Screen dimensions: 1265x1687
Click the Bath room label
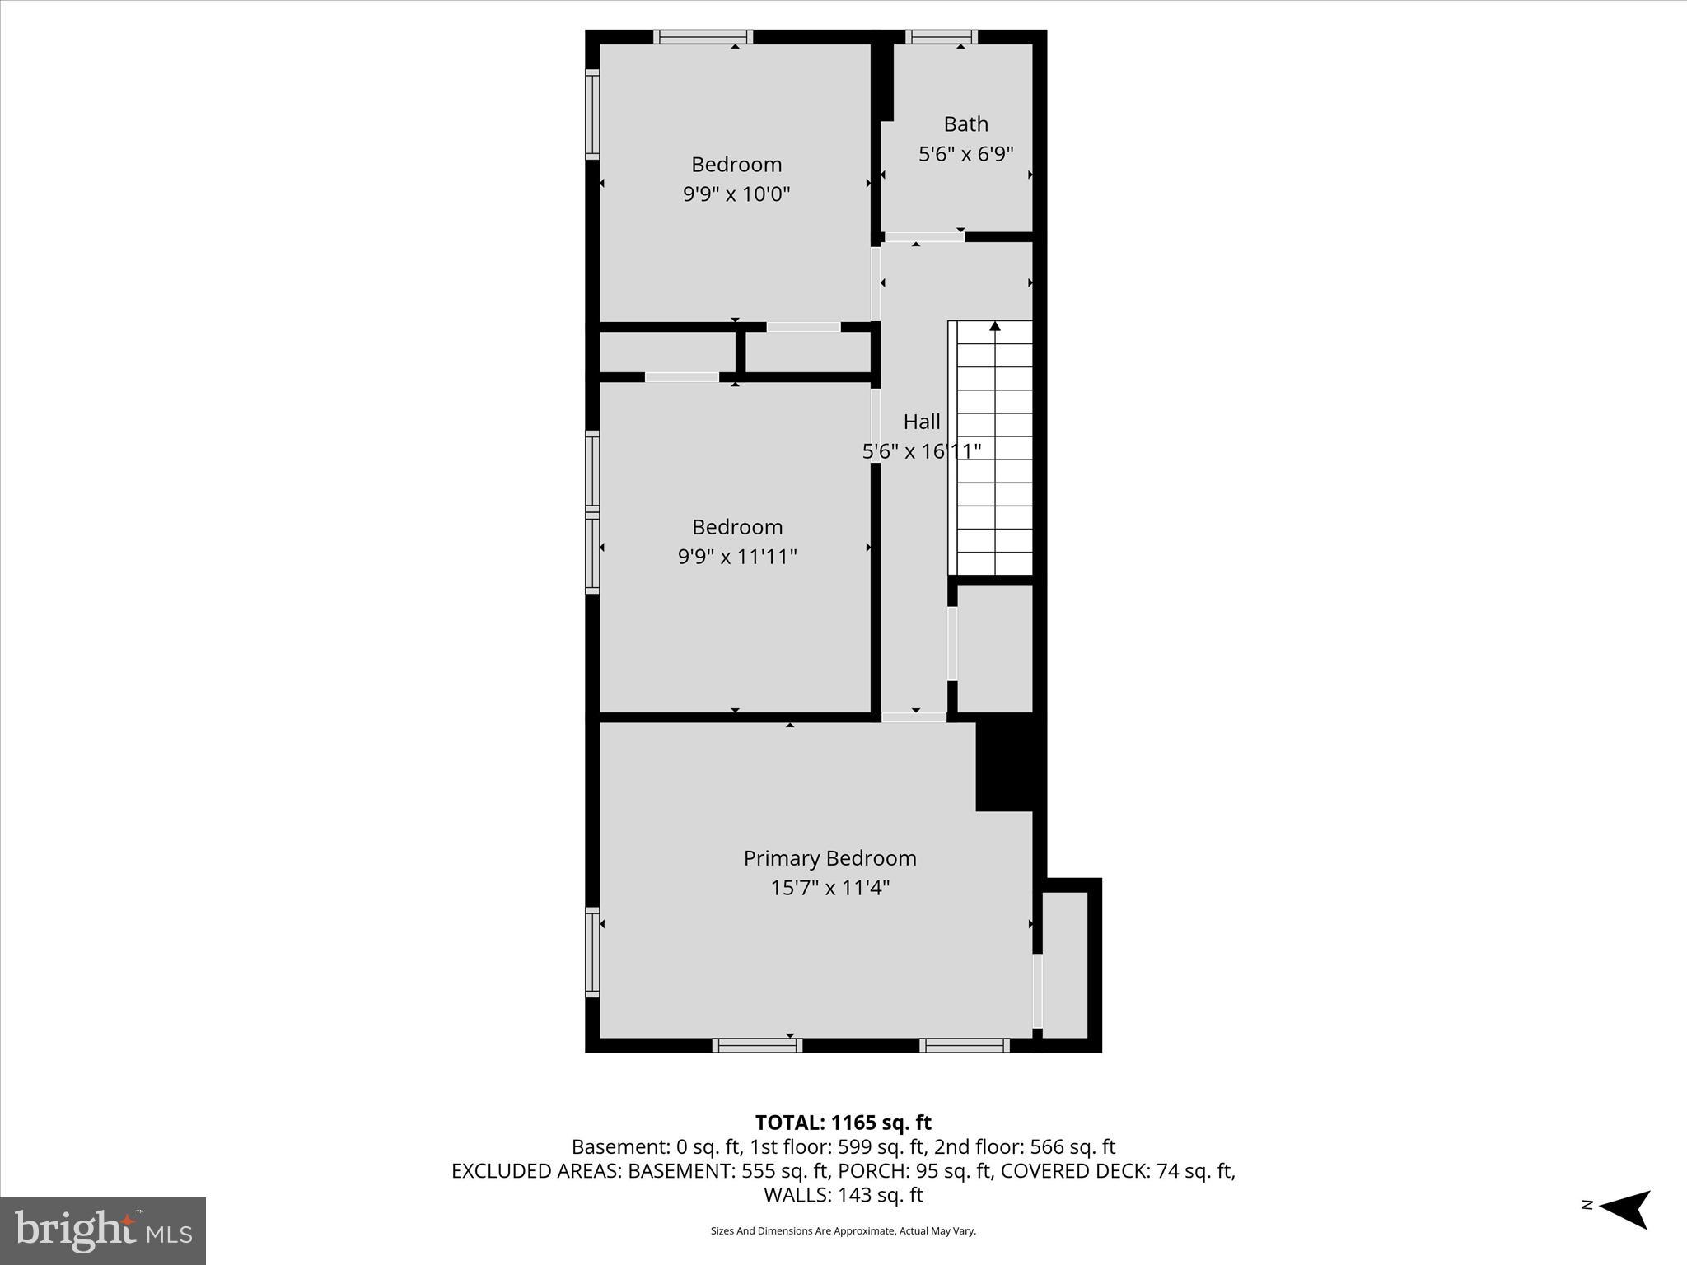pyautogui.click(x=965, y=124)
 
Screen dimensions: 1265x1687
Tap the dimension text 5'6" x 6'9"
pyautogui.click(x=965, y=154)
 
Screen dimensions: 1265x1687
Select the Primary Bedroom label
pyautogui.click(x=829, y=858)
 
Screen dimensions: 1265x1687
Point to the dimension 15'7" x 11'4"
pyautogui.click(x=829, y=888)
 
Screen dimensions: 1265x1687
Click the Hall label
pyautogui.click(x=921, y=422)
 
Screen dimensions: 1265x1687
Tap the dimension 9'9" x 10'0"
pyautogui.click(x=736, y=194)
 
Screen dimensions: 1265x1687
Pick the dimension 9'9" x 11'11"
pyautogui.click(x=736, y=557)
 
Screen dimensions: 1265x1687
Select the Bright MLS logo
pyautogui.click(x=103, y=1230)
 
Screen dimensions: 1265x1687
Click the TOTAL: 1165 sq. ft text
pyautogui.click(x=843, y=1123)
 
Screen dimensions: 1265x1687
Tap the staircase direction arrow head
pyautogui.click(x=995, y=326)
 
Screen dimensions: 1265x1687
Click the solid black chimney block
pyautogui.click(x=1007, y=766)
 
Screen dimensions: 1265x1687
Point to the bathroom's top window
pyautogui.click(x=941, y=36)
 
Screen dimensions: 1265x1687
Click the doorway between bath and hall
pyautogui.click(x=923, y=237)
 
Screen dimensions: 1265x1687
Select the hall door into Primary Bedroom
pyautogui.click(x=914, y=717)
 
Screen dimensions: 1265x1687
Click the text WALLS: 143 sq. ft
pyautogui.click(x=843, y=1195)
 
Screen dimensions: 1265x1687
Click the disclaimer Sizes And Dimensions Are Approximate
pyautogui.click(x=843, y=1231)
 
